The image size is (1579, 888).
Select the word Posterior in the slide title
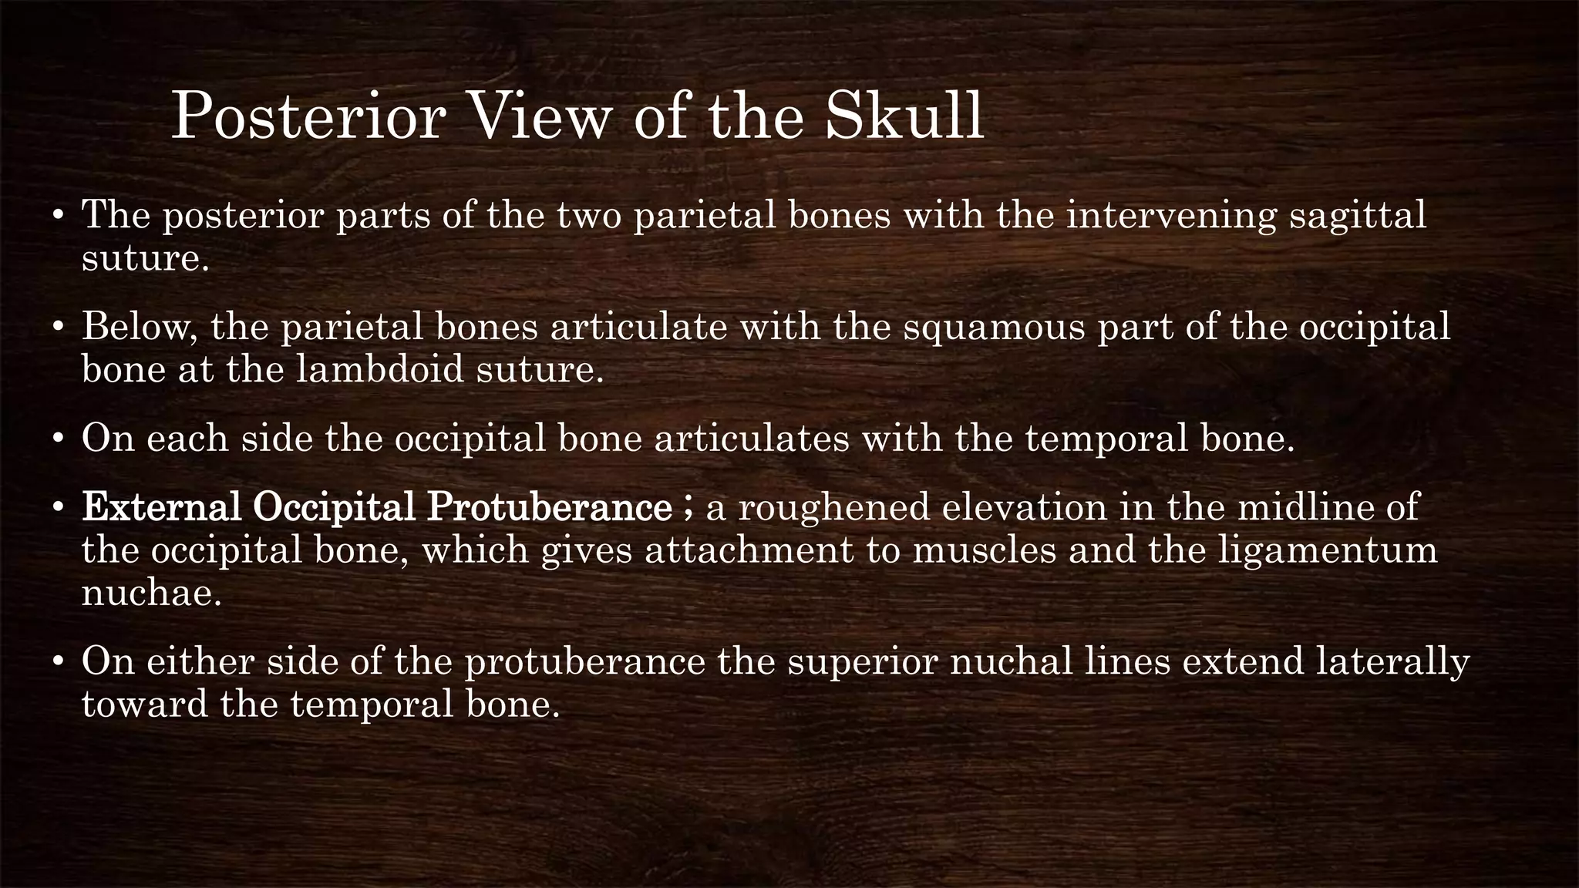(308, 116)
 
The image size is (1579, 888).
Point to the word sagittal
(1358, 215)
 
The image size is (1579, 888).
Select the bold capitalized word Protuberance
(550, 508)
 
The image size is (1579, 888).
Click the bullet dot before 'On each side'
(58, 439)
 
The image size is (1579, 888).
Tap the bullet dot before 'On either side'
(58, 662)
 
